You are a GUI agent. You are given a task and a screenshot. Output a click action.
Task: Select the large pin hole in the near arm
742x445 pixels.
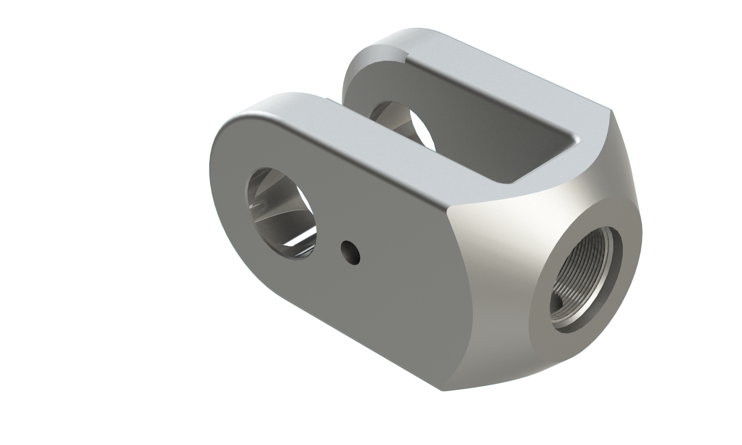point(281,214)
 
